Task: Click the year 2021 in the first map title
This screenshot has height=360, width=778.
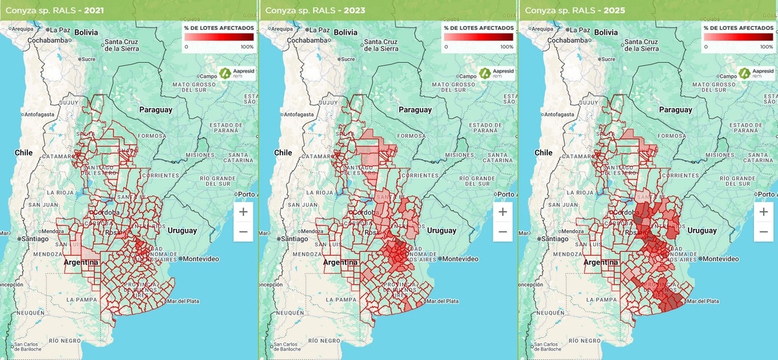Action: pyautogui.click(x=95, y=11)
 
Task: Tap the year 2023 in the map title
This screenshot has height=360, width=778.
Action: pyautogui.click(x=355, y=11)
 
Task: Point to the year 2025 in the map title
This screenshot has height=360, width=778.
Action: pyautogui.click(x=614, y=11)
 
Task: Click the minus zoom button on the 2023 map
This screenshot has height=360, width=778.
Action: pyautogui.click(x=502, y=232)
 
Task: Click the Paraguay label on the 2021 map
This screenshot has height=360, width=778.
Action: pyautogui.click(x=155, y=110)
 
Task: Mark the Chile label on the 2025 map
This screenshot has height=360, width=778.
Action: pyautogui.click(x=543, y=152)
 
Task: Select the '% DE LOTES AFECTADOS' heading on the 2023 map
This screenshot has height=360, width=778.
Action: pyautogui.click(x=478, y=28)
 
